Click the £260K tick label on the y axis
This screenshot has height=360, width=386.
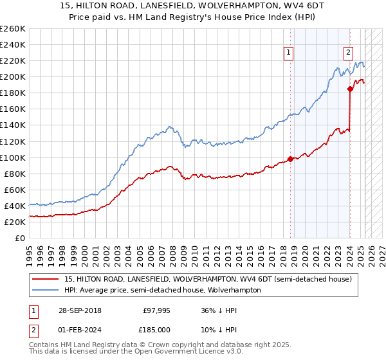[x=13, y=29]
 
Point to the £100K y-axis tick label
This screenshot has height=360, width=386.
[x=13, y=157]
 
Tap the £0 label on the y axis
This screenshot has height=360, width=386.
[x=19, y=239]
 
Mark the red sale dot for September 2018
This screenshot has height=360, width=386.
[x=290, y=159]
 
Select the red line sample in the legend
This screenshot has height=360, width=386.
[x=46, y=279]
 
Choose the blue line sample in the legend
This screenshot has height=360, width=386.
[x=46, y=290]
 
